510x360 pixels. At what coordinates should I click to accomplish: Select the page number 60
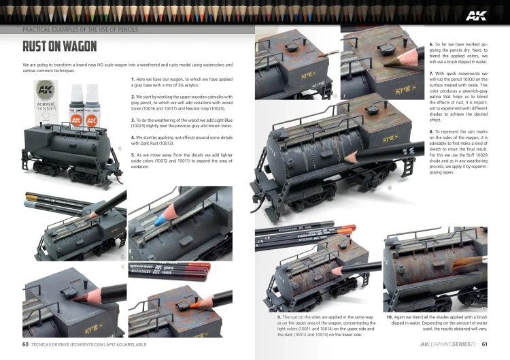click(25, 344)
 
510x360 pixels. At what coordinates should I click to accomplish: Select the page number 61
click(485, 344)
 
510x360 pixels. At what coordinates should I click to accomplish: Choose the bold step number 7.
click(431, 73)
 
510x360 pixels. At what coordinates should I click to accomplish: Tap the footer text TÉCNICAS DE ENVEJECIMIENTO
click(75, 344)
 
